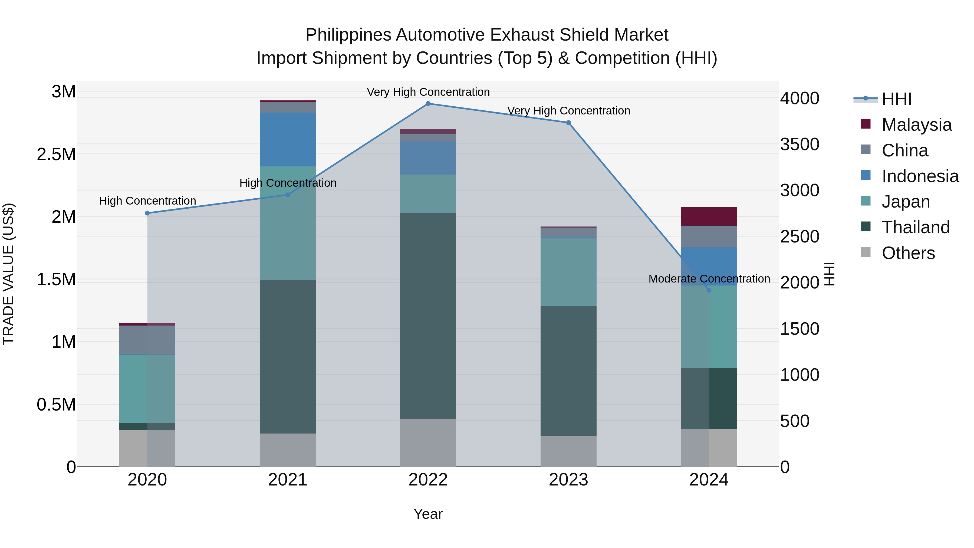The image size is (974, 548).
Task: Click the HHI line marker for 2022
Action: coord(428,104)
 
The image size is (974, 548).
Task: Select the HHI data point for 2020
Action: coord(147,213)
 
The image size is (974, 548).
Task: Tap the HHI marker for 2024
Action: coord(709,290)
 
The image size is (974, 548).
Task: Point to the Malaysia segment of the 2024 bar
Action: coord(709,217)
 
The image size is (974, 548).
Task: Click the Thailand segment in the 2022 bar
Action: coord(428,316)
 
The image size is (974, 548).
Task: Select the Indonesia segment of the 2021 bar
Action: coord(288,140)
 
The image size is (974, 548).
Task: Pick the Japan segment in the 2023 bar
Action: coord(568,272)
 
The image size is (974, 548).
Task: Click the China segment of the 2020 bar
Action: coord(147,340)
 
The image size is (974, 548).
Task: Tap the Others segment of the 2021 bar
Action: coord(288,450)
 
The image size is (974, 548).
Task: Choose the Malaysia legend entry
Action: coord(917,125)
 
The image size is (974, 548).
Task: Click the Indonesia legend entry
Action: coord(920,176)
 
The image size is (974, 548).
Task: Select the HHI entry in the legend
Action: coord(897,99)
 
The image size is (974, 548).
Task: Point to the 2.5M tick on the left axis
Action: coord(56,154)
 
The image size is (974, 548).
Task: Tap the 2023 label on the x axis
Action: coord(568,480)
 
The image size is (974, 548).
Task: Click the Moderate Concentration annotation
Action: coord(709,279)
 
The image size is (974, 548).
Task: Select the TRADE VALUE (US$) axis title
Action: coord(9,274)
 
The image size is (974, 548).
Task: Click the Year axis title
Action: coord(428,514)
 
